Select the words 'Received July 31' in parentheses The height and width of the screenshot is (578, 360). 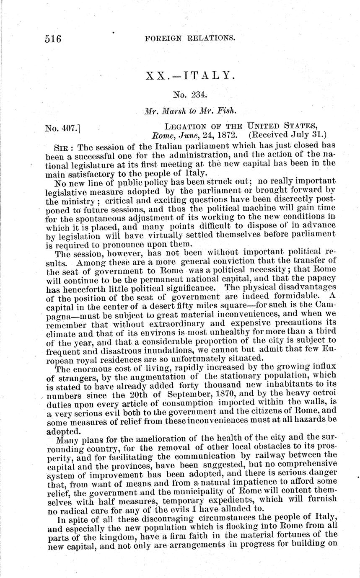tap(285, 135)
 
